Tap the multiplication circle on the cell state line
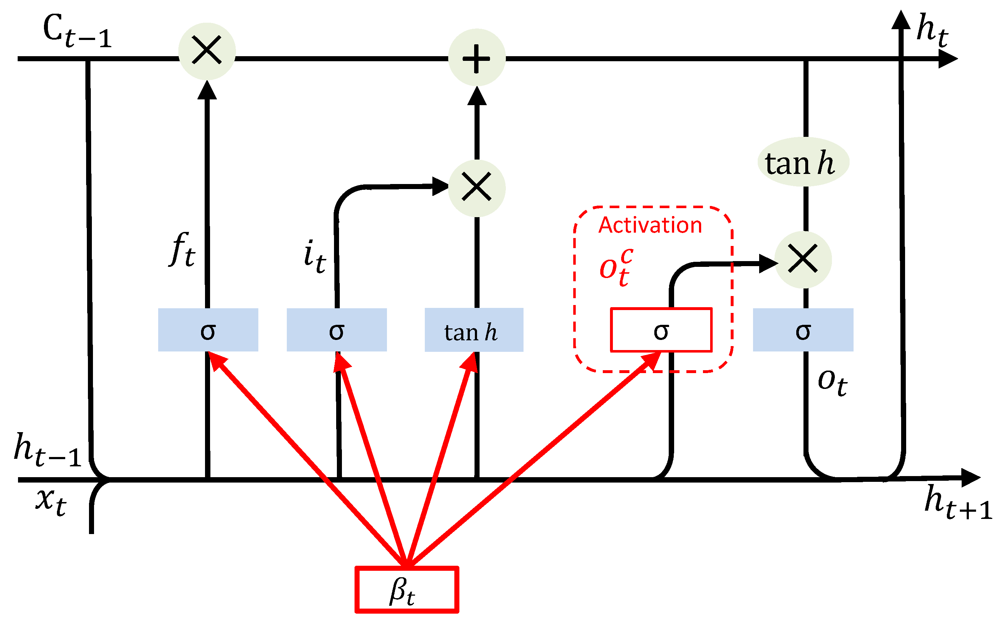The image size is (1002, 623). click(207, 51)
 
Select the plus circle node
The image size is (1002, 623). click(477, 58)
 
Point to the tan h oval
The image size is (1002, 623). click(803, 162)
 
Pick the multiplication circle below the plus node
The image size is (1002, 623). click(477, 188)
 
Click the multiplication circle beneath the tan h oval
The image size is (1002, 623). click(803, 260)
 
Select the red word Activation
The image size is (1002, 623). click(650, 225)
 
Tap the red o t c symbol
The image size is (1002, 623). click(616, 267)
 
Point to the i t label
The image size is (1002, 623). click(315, 257)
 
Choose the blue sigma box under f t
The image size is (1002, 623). click(208, 330)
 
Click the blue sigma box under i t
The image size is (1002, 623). click(337, 330)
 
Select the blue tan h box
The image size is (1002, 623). click(474, 330)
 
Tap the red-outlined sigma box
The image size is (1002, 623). click(661, 330)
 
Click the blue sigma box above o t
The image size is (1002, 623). click(803, 330)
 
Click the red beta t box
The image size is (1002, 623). click(407, 590)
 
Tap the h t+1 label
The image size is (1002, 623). click(957, 503)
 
